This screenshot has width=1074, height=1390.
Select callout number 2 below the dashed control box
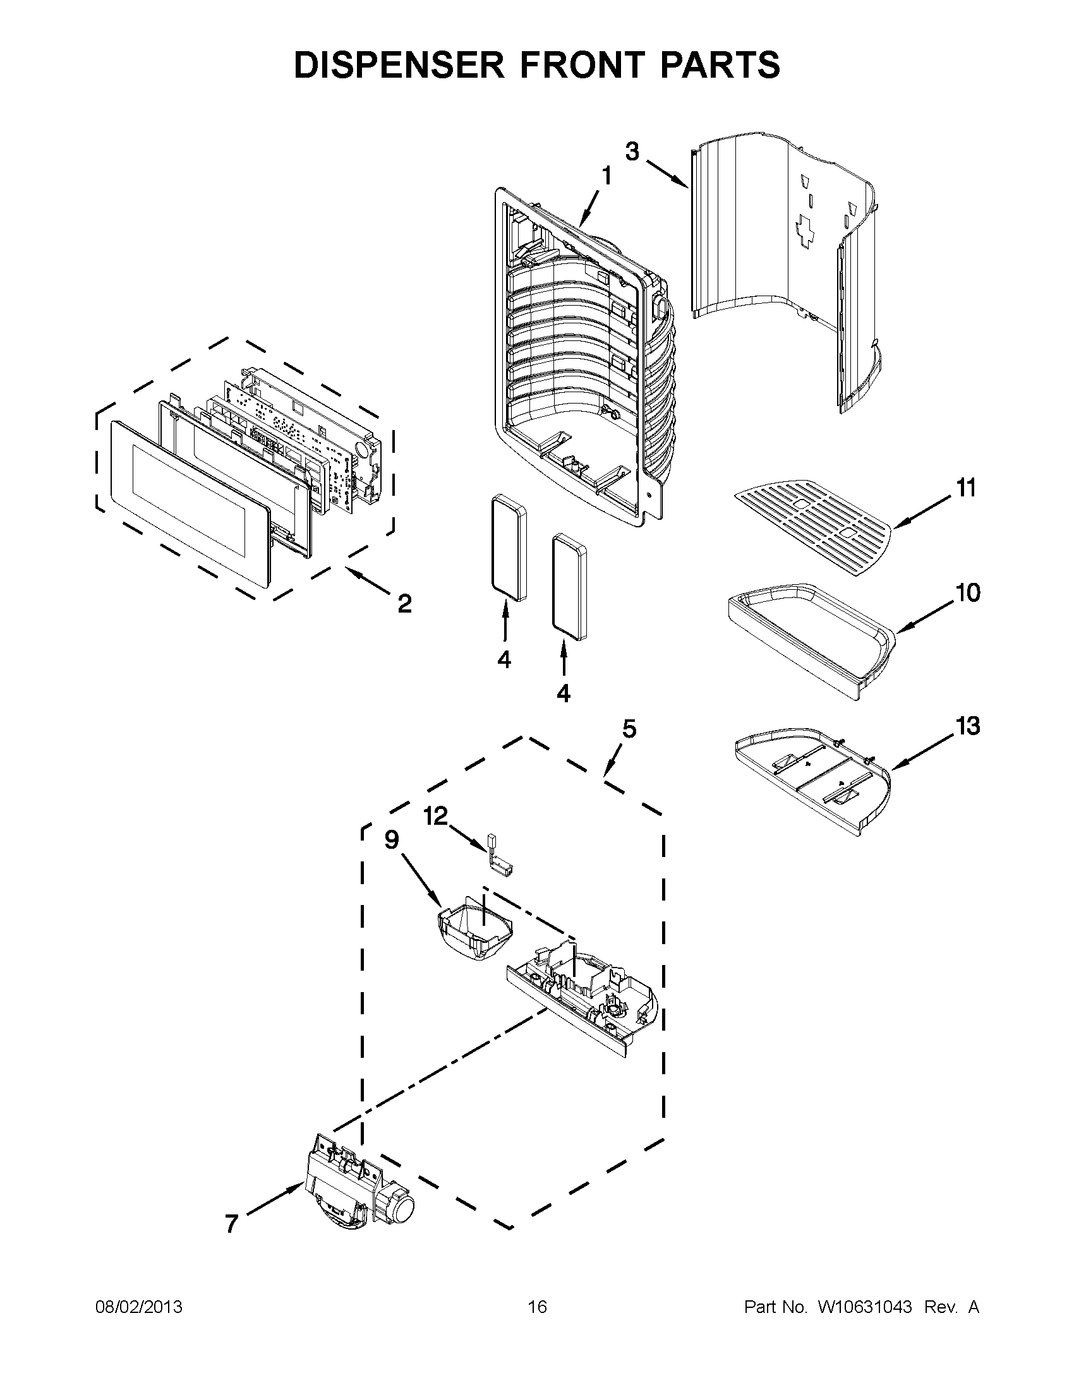click(404, 603)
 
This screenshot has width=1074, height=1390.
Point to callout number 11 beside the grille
click(966, 489)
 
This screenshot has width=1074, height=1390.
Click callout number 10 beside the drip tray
click(967, 593)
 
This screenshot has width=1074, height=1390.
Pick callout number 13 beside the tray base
click(968, 726)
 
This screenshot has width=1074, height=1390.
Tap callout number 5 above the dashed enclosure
click(629, 729)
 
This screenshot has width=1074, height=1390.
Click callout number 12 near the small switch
click(436, 816)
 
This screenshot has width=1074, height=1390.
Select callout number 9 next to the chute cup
click(392, 840)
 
